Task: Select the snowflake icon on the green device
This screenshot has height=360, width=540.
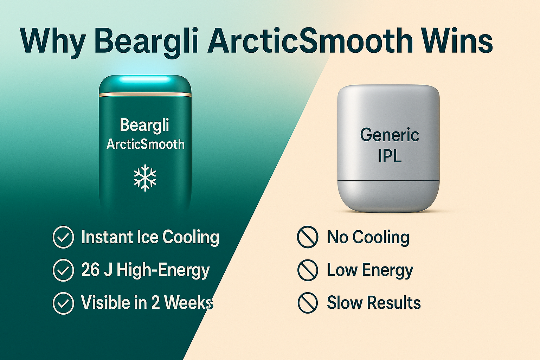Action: (x=145, y=178)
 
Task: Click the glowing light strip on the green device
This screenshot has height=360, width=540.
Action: (x=145, y=79)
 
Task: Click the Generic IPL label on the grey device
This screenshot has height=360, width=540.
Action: (x=390, y=146)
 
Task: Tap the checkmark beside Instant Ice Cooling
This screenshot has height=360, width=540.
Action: (x=63, y=237)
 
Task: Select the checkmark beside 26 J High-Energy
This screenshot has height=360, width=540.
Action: (x=63, y=270)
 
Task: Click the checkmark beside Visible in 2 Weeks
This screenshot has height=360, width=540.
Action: (x=63, y=303)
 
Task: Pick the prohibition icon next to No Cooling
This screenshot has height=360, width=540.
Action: (x=308, y=237)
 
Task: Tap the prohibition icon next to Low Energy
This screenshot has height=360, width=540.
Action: (x=308, y=270)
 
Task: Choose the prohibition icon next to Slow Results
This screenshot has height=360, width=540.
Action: (x=308, y=303)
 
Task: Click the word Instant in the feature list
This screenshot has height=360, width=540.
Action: (x=107, y=237)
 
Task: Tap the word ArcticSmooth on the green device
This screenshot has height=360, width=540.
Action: (x=145, y=144)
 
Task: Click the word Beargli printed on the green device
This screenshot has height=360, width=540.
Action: (x=144, y=125)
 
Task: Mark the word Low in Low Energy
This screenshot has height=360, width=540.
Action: (x=342, y=270)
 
